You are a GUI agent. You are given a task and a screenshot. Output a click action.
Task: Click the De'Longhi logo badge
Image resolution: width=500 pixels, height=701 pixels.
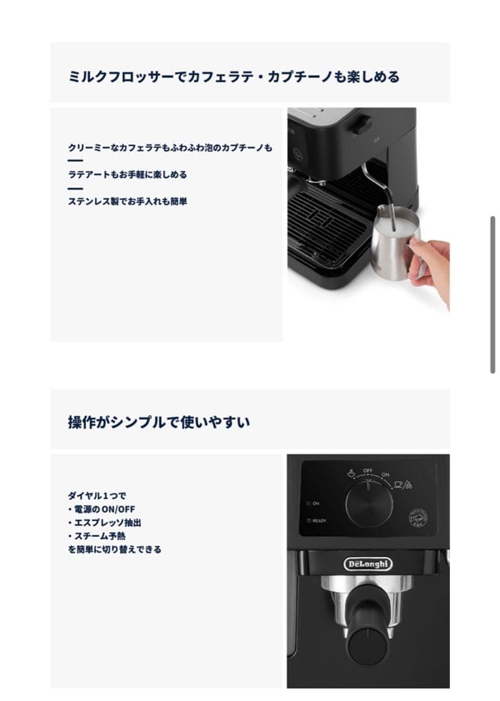coord(368,564)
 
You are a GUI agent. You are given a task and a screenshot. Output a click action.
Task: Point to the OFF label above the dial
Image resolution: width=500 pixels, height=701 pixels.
coord(368,470)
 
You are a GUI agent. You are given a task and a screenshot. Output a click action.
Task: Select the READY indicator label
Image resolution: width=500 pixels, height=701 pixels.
coord(319,521)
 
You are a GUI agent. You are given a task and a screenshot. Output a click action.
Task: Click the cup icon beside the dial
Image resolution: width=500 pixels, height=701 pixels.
coord(399,484)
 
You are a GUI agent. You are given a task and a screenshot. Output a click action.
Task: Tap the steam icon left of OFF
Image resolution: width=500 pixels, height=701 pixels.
coord(350,473)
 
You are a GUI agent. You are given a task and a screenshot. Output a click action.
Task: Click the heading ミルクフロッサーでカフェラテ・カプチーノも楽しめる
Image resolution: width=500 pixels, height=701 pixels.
coord(234,77)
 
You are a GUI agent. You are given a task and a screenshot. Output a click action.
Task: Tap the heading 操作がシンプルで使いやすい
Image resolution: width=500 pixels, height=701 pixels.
coord(159,422)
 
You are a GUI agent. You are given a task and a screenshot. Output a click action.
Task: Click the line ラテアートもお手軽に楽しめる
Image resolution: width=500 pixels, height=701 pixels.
coord(127,175)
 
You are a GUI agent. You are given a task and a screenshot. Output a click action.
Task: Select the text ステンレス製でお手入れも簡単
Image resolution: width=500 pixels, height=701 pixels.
coord(127,201)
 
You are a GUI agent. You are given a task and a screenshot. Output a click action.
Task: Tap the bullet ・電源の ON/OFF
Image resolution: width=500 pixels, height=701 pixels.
coord(101,509)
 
